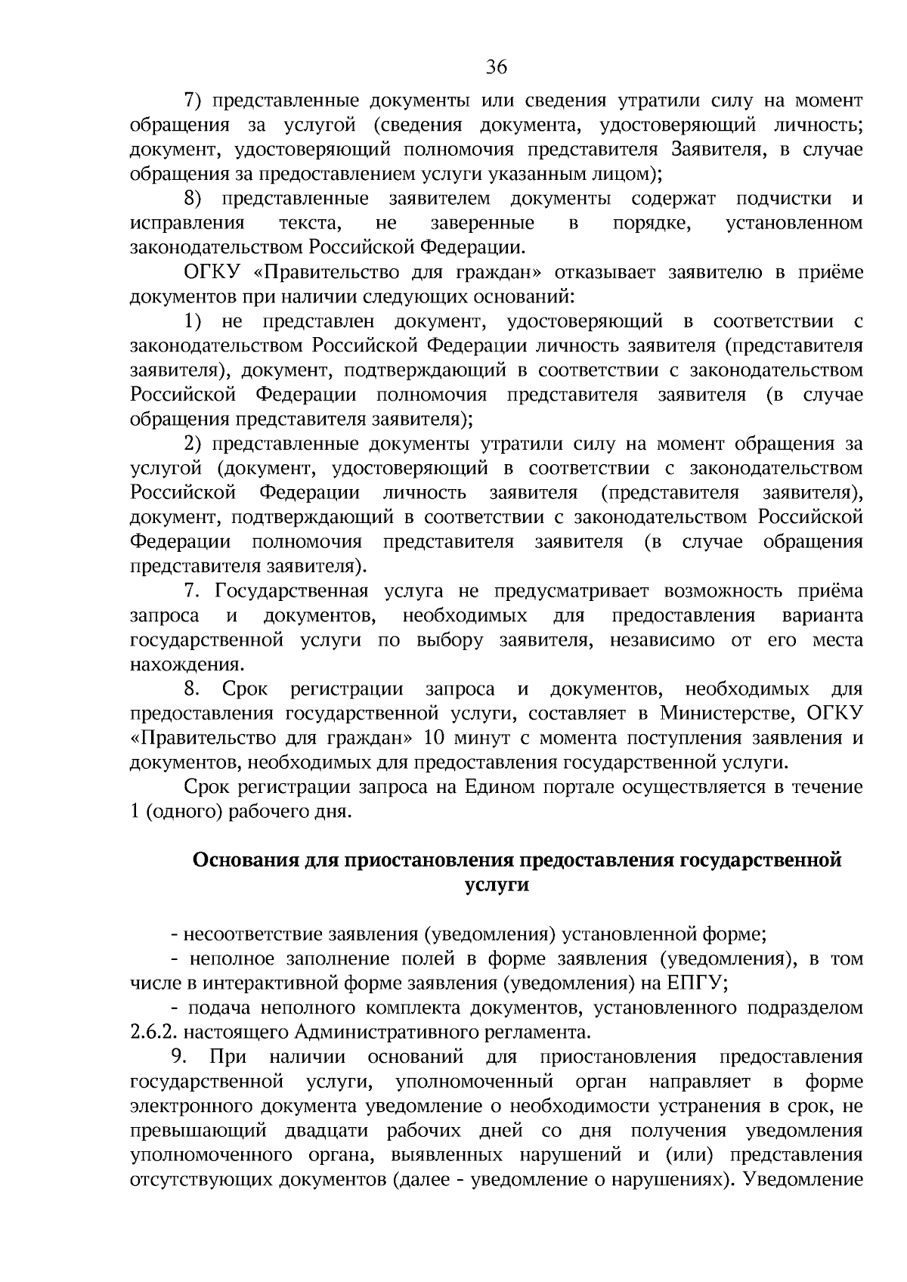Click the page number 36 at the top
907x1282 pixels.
496,67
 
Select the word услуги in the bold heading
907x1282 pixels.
496,885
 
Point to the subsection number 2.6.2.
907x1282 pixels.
153,1033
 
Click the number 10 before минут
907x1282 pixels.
436,737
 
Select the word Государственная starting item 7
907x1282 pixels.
292,590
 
